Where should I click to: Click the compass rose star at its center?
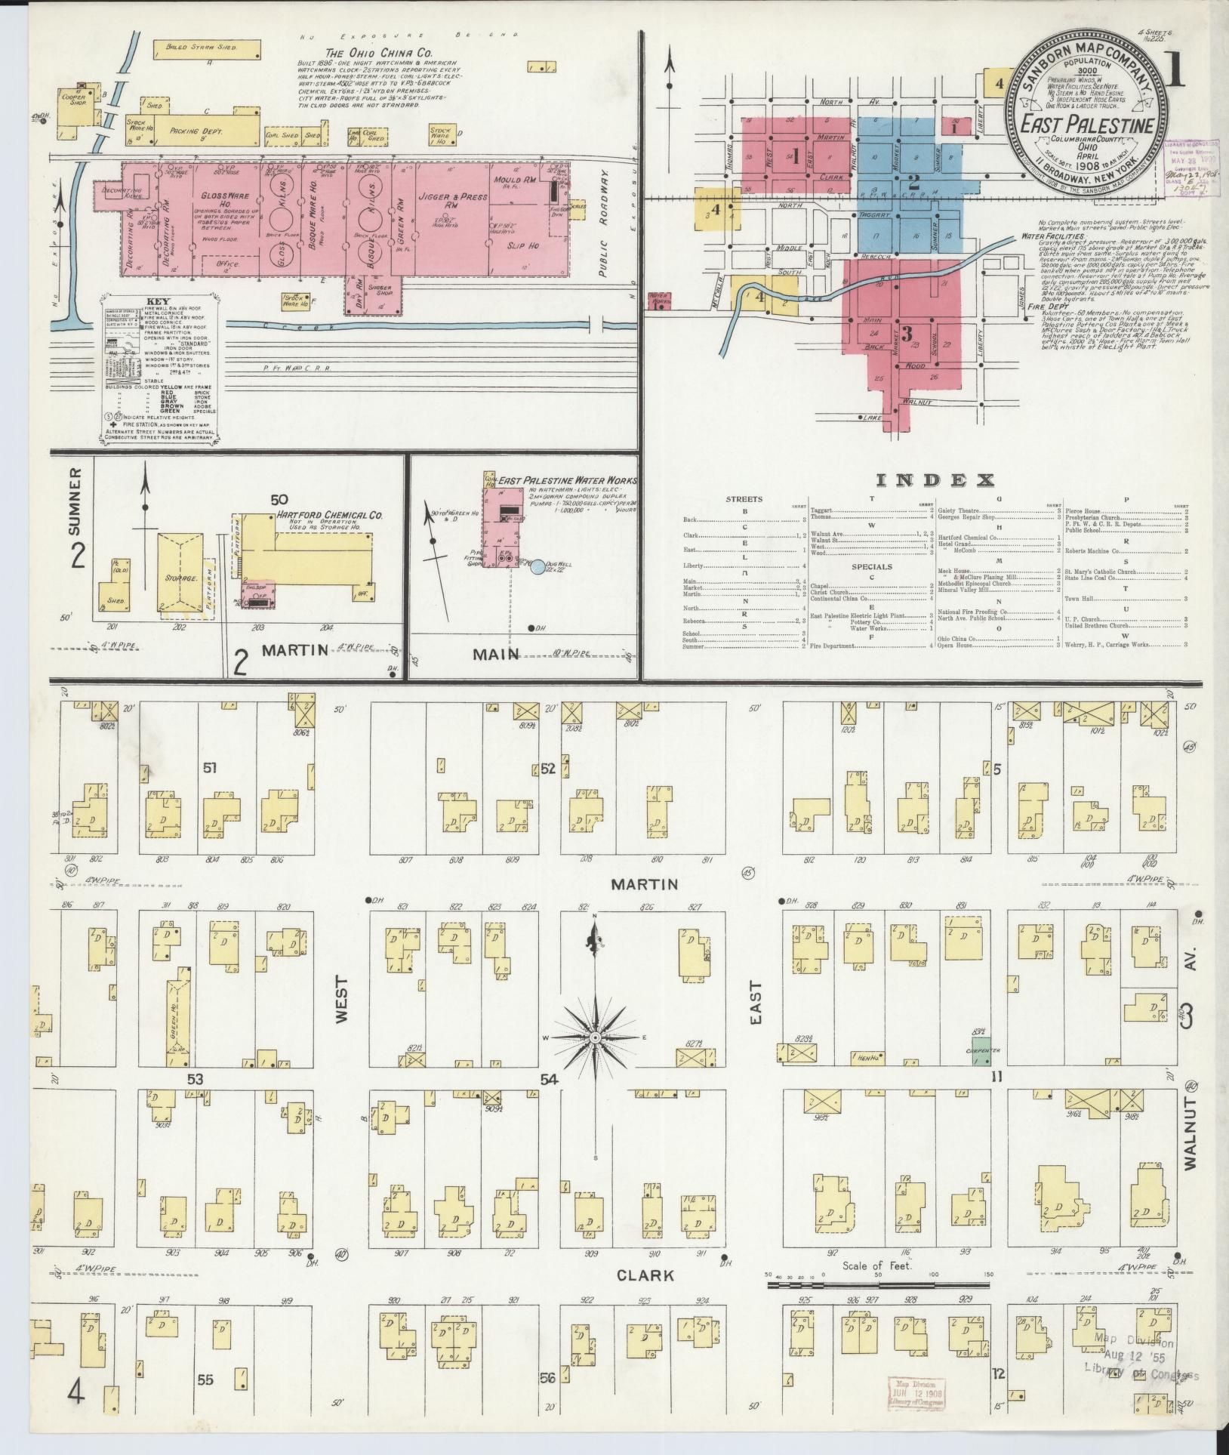pyautogui.click(x=595, y=1040)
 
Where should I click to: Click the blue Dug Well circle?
pyautogui.click(x=537, y=566)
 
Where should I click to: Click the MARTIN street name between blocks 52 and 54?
pyautogui.click(x=644, y=883)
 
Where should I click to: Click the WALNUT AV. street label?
pyautogui.click(x=1190, y=1133)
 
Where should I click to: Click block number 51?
pyautogui.click(x=210, y=769)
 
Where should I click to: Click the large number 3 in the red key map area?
pyautogui.click(x=907, y=333)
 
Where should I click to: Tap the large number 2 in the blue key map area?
pyautogui.click(x=913, y=182)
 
